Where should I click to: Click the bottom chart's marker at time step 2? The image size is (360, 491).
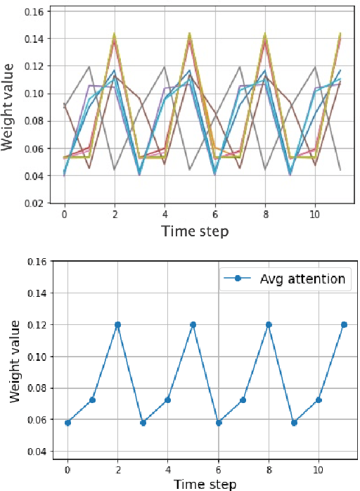tap(117, 325)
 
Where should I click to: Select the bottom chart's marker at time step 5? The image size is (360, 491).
tap(193, 325)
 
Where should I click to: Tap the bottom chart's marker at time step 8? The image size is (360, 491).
tap(269, 325)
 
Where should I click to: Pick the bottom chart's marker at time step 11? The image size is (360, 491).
tap(344, 325)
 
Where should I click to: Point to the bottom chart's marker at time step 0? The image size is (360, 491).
tap(67, 422)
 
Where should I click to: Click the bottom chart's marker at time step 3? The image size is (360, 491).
tap(143, 422)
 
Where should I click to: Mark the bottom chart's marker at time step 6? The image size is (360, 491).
tap(218, 422)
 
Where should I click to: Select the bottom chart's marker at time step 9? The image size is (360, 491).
tap(294, 422)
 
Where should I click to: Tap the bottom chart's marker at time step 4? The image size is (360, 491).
tap(168, 400)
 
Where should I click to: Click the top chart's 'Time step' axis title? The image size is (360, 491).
tap(195, 231)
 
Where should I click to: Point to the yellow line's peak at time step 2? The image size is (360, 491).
tap(114, 34)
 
